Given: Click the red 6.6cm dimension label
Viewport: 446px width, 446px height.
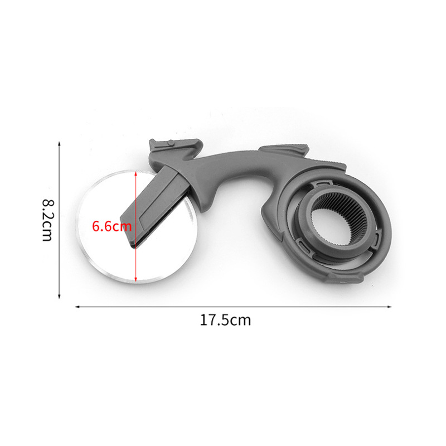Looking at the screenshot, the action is (x=111, y=226).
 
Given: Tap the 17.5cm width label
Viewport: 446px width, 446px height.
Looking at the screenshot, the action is (x=225, y=320).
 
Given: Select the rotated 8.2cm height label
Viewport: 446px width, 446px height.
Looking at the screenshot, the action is (x=47, y=220).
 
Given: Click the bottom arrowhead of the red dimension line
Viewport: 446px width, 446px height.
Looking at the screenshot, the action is (x=135, y=279).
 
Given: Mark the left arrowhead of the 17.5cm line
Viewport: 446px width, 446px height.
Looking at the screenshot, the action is (x=77, y=307).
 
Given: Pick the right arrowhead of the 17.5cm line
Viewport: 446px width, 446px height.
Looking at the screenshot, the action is (x=389, y=307).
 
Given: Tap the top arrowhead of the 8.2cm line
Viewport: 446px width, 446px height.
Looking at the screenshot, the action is (x=59, y=144).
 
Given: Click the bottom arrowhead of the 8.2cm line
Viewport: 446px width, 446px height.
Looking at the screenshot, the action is (x=59, y=297).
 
